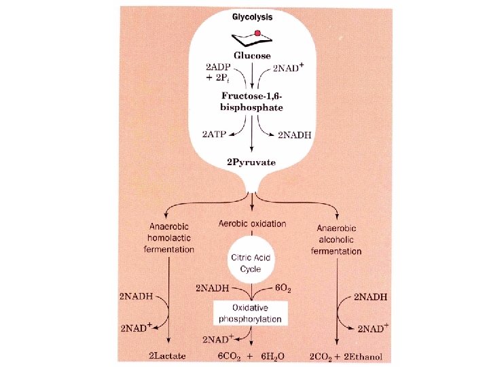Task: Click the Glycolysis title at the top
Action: pos(252,20)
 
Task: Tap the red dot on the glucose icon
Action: pos(257,33)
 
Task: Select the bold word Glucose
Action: pos(252,56)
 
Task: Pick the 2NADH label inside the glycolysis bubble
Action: pos(294,135)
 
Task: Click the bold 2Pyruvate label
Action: pos(252,162)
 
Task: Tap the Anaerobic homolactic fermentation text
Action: pos(169,237)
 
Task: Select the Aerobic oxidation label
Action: pos(252,224)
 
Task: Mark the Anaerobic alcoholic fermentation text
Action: pos(336,240)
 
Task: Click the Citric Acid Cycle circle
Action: pos(252,261)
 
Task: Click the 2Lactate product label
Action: pos(168,356)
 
